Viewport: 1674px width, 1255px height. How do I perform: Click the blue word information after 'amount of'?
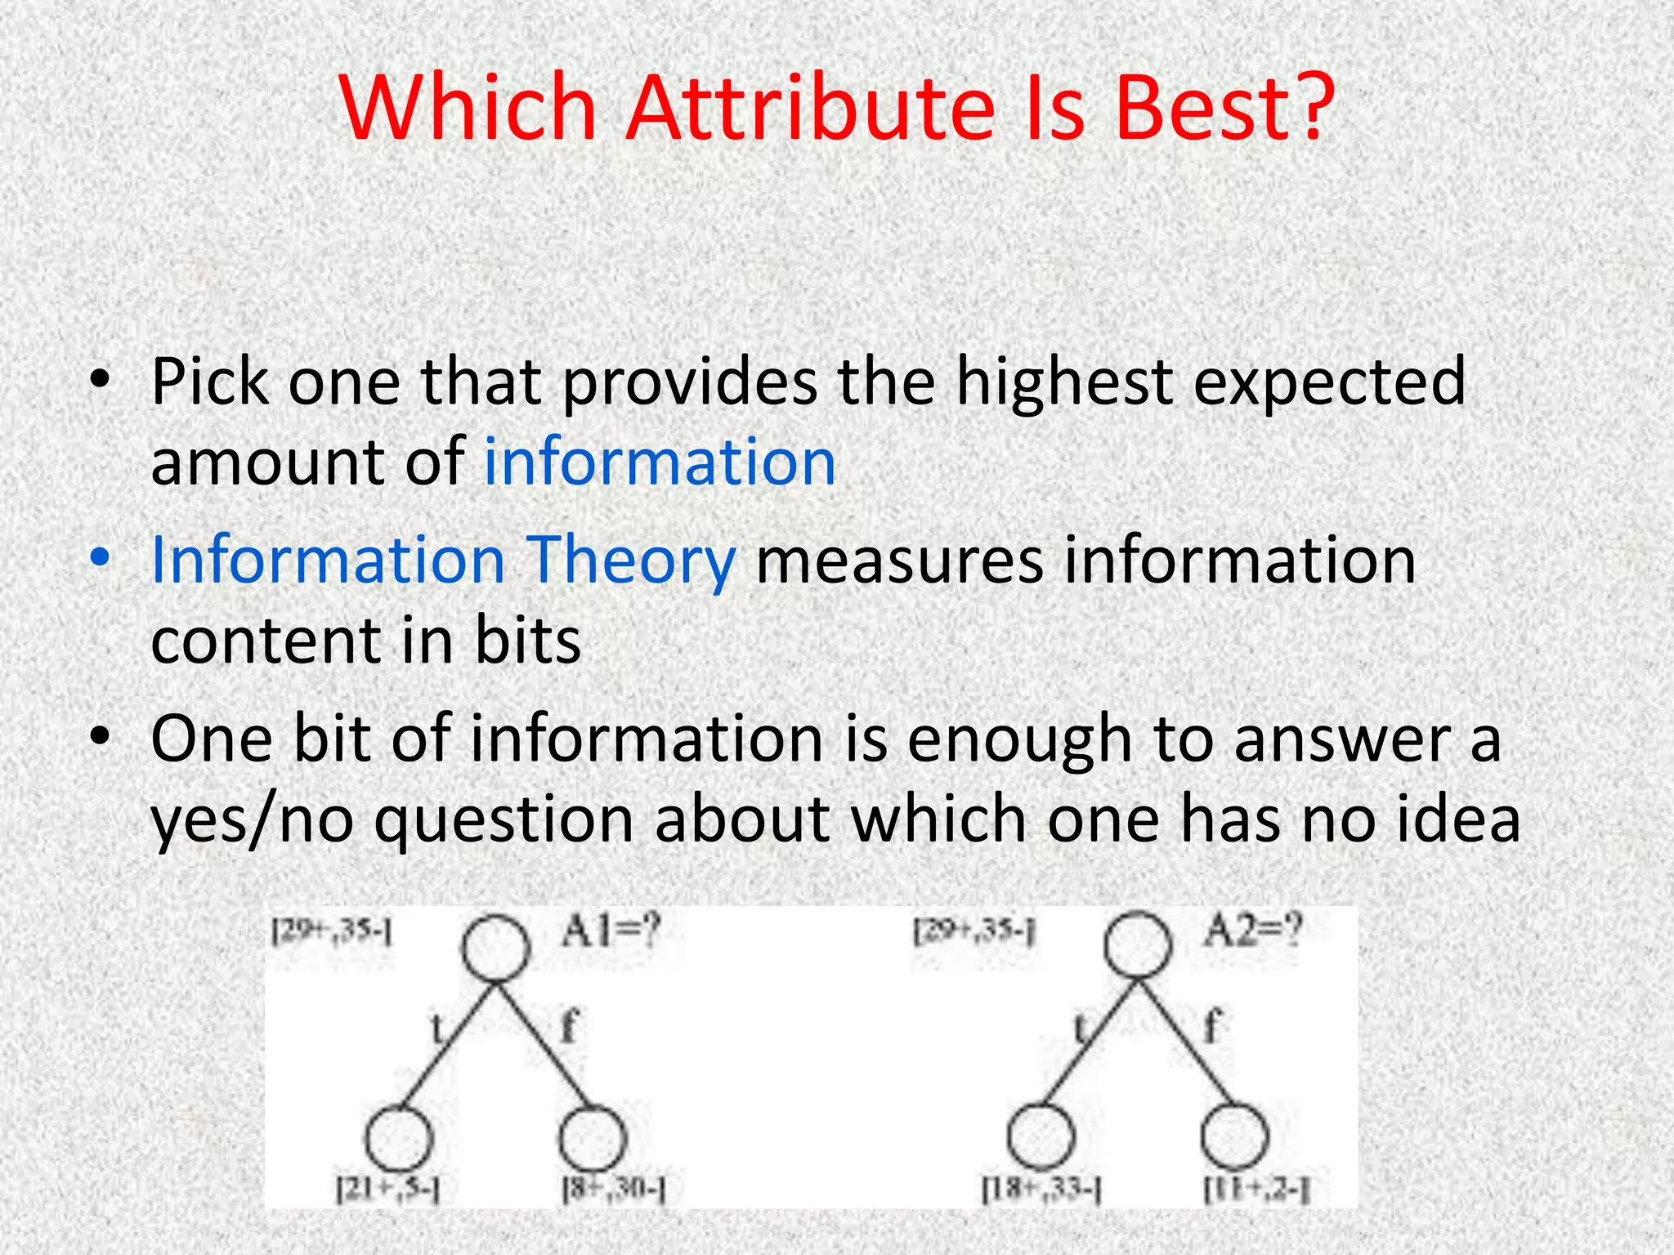point(660,462)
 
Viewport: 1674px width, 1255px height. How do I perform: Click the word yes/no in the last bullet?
point(253,820)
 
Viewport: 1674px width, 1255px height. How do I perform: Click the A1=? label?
point(610,931)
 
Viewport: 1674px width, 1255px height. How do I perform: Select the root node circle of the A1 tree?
point(495,948)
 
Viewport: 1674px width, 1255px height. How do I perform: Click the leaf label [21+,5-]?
point(388,1189)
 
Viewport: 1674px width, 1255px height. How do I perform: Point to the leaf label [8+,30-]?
point(614,1189)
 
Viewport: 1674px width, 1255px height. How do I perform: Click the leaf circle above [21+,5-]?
point(398,1137)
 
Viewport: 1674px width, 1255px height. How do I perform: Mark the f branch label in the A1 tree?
point(570,1025)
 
